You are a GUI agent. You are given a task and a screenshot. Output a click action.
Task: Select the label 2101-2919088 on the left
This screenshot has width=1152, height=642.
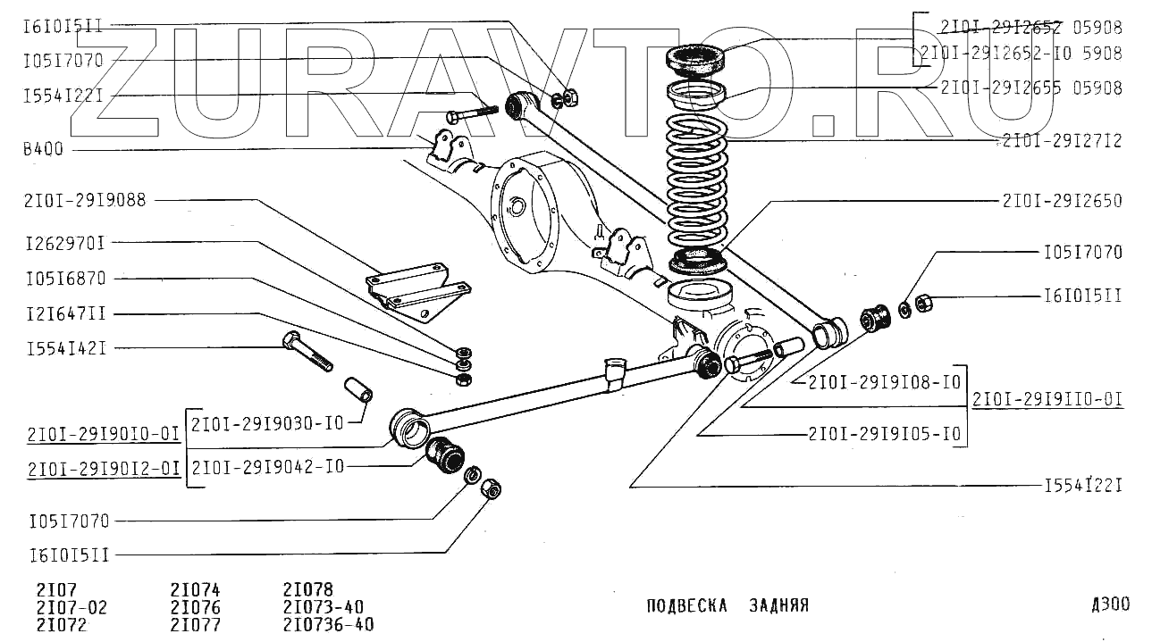(x=85, y=201)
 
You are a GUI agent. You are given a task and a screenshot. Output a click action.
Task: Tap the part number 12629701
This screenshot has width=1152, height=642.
(x=64, y=242)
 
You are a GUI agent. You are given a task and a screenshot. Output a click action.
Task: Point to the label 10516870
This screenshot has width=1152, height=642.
(x=64, y=279)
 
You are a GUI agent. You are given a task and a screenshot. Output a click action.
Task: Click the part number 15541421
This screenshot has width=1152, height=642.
(x=64, y=348)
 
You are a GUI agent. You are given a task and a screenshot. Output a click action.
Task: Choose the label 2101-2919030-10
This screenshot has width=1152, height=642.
(x=267, y=423)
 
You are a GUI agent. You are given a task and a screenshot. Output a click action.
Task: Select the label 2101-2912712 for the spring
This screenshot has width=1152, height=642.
(x=1061, y=141)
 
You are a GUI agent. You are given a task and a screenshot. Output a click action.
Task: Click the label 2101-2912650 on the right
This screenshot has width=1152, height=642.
(x=1061, y=201)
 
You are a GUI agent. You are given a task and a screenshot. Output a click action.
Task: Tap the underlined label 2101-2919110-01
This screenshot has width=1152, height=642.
(x=1047, y=399)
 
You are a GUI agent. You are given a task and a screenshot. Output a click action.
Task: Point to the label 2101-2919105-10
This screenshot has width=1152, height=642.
(x=884, y=434)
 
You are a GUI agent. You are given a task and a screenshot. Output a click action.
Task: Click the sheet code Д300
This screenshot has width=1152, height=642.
(x=1109, y=604)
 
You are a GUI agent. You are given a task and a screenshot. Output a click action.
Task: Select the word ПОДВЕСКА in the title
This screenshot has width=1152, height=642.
(x=686, y=605)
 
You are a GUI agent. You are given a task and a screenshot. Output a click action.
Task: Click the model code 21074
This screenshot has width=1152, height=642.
(x=195, y=590)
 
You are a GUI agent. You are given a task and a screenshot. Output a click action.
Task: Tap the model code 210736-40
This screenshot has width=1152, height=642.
(x=328, y=624)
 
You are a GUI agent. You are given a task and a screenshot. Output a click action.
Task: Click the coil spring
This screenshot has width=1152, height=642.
(x=698, y=188)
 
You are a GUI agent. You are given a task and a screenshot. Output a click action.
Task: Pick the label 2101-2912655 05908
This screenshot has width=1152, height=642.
(x=1030, y=88)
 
